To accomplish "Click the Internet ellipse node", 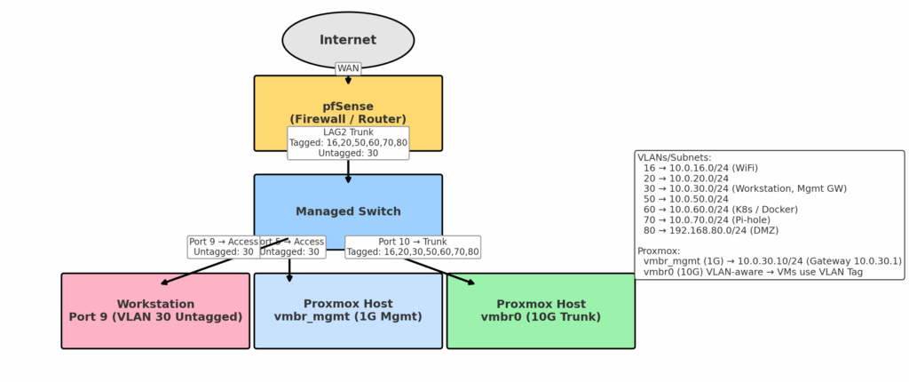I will [x=348, y=40].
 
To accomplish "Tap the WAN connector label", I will [x=348, y=68].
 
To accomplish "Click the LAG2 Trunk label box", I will [x=348, y=143].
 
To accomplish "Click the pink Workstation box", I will [x=155, y=311].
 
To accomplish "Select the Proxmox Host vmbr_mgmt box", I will [x=348, y=311].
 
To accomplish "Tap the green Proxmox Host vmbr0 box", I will [x=541, y=311].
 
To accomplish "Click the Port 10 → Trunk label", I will [x=413, y=247].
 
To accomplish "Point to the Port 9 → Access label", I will [x=222, y=247].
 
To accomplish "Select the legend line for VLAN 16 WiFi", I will [x=700, y=168].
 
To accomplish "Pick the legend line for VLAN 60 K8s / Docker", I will [x=720, y=210].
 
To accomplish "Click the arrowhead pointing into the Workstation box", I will [x=164, y=283].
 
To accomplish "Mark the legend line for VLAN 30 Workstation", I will [x=745, y=188].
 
